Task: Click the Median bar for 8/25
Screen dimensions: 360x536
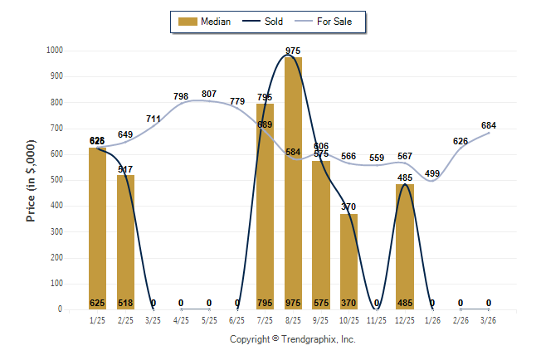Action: pos(293,182)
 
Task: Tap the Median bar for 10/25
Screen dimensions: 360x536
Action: pos(348,261)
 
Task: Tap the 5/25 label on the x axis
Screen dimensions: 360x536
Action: pos(209,320)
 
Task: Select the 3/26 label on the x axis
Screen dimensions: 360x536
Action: pos(489,320)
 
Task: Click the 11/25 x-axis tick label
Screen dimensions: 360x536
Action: pos(377,320)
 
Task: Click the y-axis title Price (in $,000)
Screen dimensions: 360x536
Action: pos(32,180)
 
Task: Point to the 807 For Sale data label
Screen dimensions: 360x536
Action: pos(209,94)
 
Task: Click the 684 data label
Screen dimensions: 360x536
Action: pos(489,125)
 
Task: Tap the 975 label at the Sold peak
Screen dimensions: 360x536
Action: pos(293,51)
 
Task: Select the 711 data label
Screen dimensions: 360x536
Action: pos(153,119)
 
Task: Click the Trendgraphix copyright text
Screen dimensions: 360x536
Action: pos(292,340)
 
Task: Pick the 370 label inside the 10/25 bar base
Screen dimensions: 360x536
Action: pos(348,303)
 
